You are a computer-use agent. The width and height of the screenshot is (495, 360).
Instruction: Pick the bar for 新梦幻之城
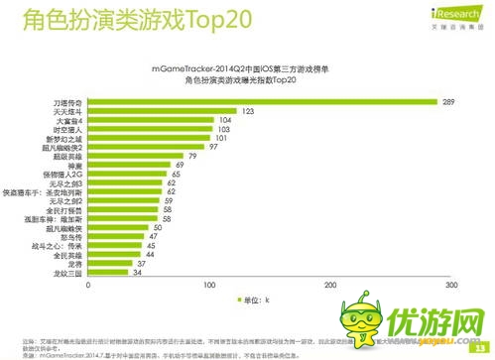(148, 138)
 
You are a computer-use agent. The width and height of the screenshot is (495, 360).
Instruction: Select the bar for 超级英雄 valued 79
(135, 156)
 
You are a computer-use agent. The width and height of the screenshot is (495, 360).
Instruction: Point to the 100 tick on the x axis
(209, 287)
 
